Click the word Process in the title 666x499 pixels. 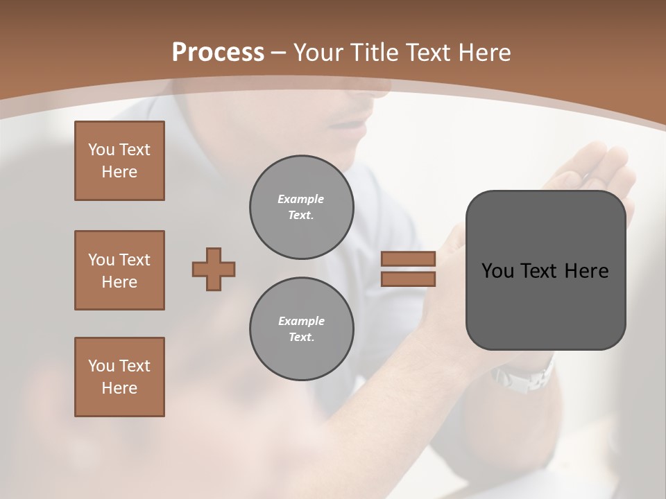tap(218, 52)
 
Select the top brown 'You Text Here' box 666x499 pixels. tap(119, 161)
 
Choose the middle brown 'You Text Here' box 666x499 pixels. tap(119, 270)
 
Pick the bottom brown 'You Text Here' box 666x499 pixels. tap(119, 377)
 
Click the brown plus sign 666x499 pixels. tap(214, 269)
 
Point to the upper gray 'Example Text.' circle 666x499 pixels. tap(301, 207)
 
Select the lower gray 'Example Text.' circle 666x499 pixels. tap(301, 329)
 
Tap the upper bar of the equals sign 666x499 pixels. tap(408, 259)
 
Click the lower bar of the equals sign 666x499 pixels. tap(408, 279)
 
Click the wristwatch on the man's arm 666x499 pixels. tap(524, 378)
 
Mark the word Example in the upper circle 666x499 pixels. tap(300, 199)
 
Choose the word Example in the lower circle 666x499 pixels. tap(301, 321)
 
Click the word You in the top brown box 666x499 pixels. tap(101, 150)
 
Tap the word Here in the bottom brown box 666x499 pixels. tap(119, 388)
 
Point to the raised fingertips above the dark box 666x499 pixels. tap(597, 156)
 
